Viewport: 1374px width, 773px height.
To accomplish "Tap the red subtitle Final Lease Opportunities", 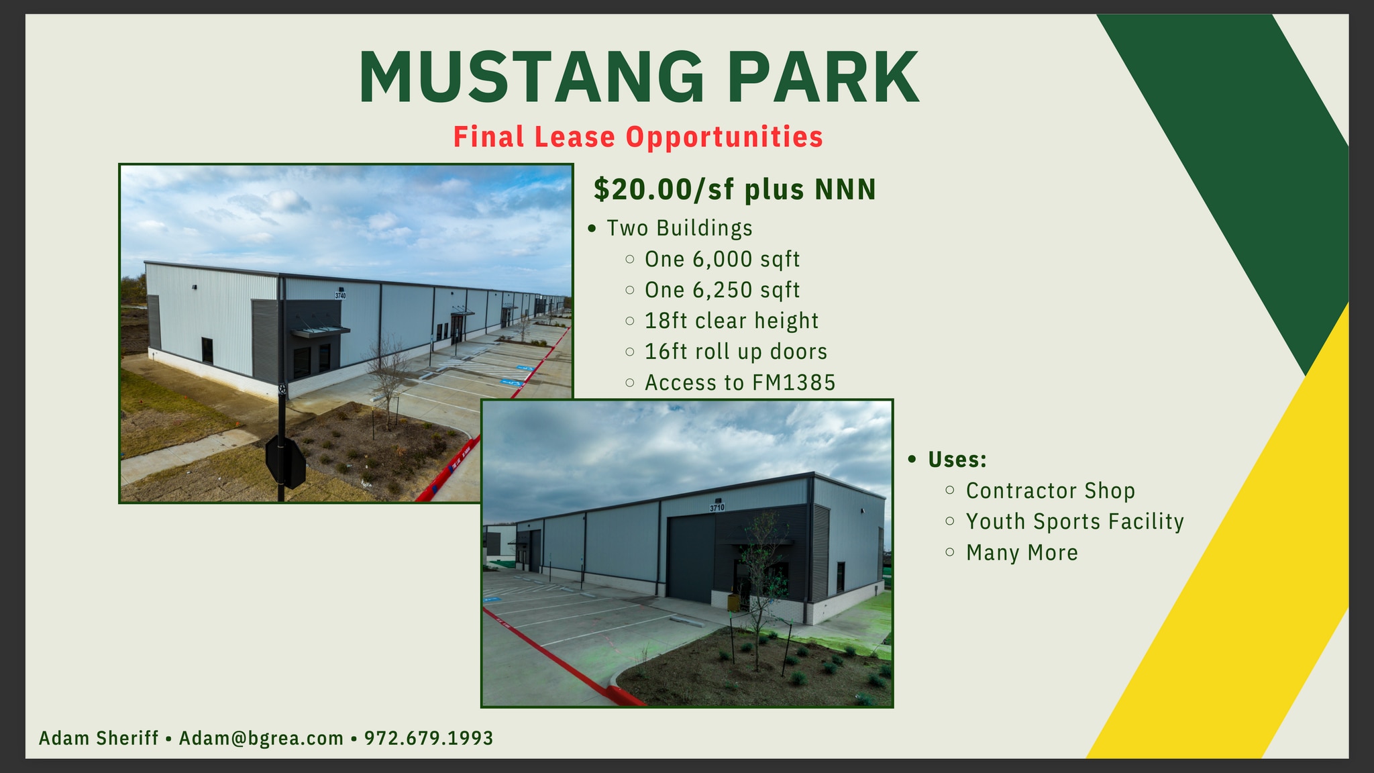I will click(x=638, y=137).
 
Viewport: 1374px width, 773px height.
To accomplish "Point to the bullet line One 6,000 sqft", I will click(x=722, y=259).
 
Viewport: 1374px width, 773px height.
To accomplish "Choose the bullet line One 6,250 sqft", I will click(x=722, y=290).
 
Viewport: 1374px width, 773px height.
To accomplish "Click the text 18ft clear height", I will click(x=731, y=321).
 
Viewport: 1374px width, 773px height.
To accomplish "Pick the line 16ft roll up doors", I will click(x=736, y=352).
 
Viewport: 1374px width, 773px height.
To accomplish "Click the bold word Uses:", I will click(x=957, y=460).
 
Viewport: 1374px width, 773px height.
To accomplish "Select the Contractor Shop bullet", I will click(x=1050, y=491).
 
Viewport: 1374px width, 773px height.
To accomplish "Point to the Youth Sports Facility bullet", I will click(x=1075, y=521).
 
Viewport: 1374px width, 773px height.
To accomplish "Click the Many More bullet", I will click(x=1022, y=553).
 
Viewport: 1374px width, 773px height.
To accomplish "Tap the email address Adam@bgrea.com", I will click(x=261, y=738).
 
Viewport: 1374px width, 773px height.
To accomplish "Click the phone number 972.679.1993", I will click(x=429, y=738).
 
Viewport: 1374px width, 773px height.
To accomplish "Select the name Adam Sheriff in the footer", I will click(x=99, y=738).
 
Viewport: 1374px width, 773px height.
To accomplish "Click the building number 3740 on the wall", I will click(x=341, y=295).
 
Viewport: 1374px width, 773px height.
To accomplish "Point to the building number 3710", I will click(x=717, y=508).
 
